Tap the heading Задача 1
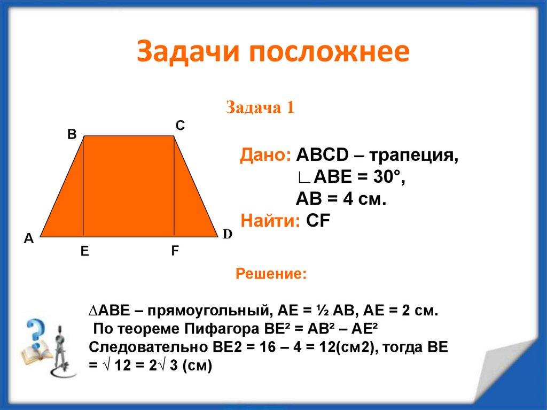click(x=260, y=107)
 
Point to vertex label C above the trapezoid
click(x=180, y=126)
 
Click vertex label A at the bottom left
click(x=29, y=239)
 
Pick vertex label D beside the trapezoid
click(x=227, y=235)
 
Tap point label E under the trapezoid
click(x=84, y=252)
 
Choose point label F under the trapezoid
click(x=175, y=251)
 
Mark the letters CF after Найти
click(x=315, y=220)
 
